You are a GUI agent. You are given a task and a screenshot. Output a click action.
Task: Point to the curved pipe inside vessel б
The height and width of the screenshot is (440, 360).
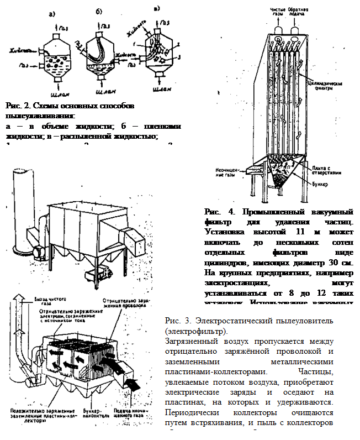tap(99, 49)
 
